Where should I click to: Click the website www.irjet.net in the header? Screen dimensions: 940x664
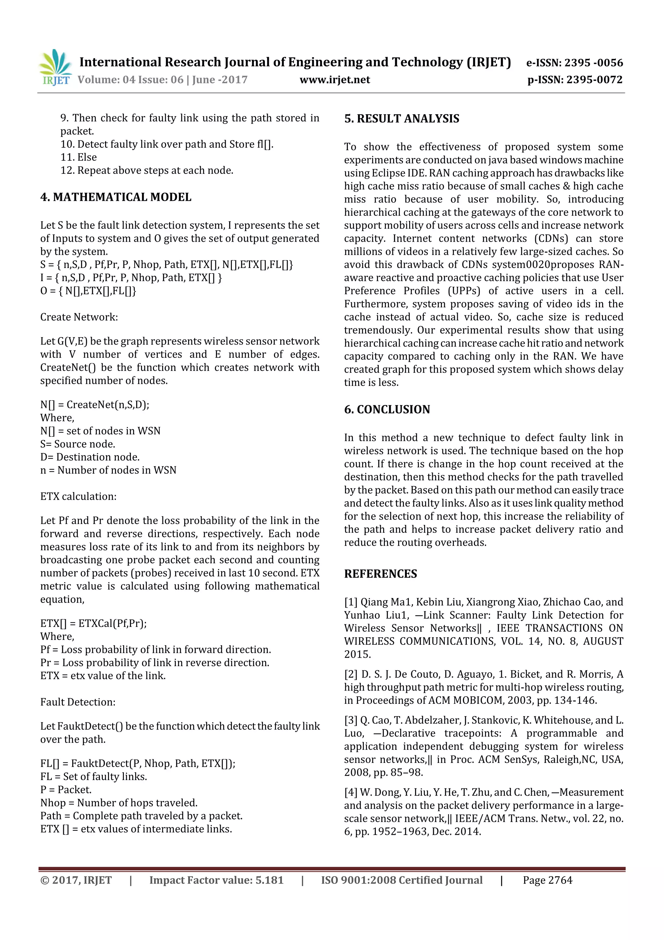click(334, 80)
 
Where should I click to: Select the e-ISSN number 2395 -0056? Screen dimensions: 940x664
click(594, 63)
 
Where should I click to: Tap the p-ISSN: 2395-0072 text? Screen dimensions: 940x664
click(575, 80)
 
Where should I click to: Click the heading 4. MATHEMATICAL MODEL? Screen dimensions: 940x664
click(116, 197)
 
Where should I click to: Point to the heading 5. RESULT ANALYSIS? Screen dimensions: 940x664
click(401, 119)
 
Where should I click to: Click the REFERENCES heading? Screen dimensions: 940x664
click(381, 574)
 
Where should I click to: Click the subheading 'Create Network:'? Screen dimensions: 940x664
click(79, 317)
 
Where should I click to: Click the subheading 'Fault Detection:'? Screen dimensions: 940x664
click(78, 702)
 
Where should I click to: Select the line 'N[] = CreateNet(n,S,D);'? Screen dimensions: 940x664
click(94, 405)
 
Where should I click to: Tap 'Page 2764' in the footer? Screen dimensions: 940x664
click(547, 880)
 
